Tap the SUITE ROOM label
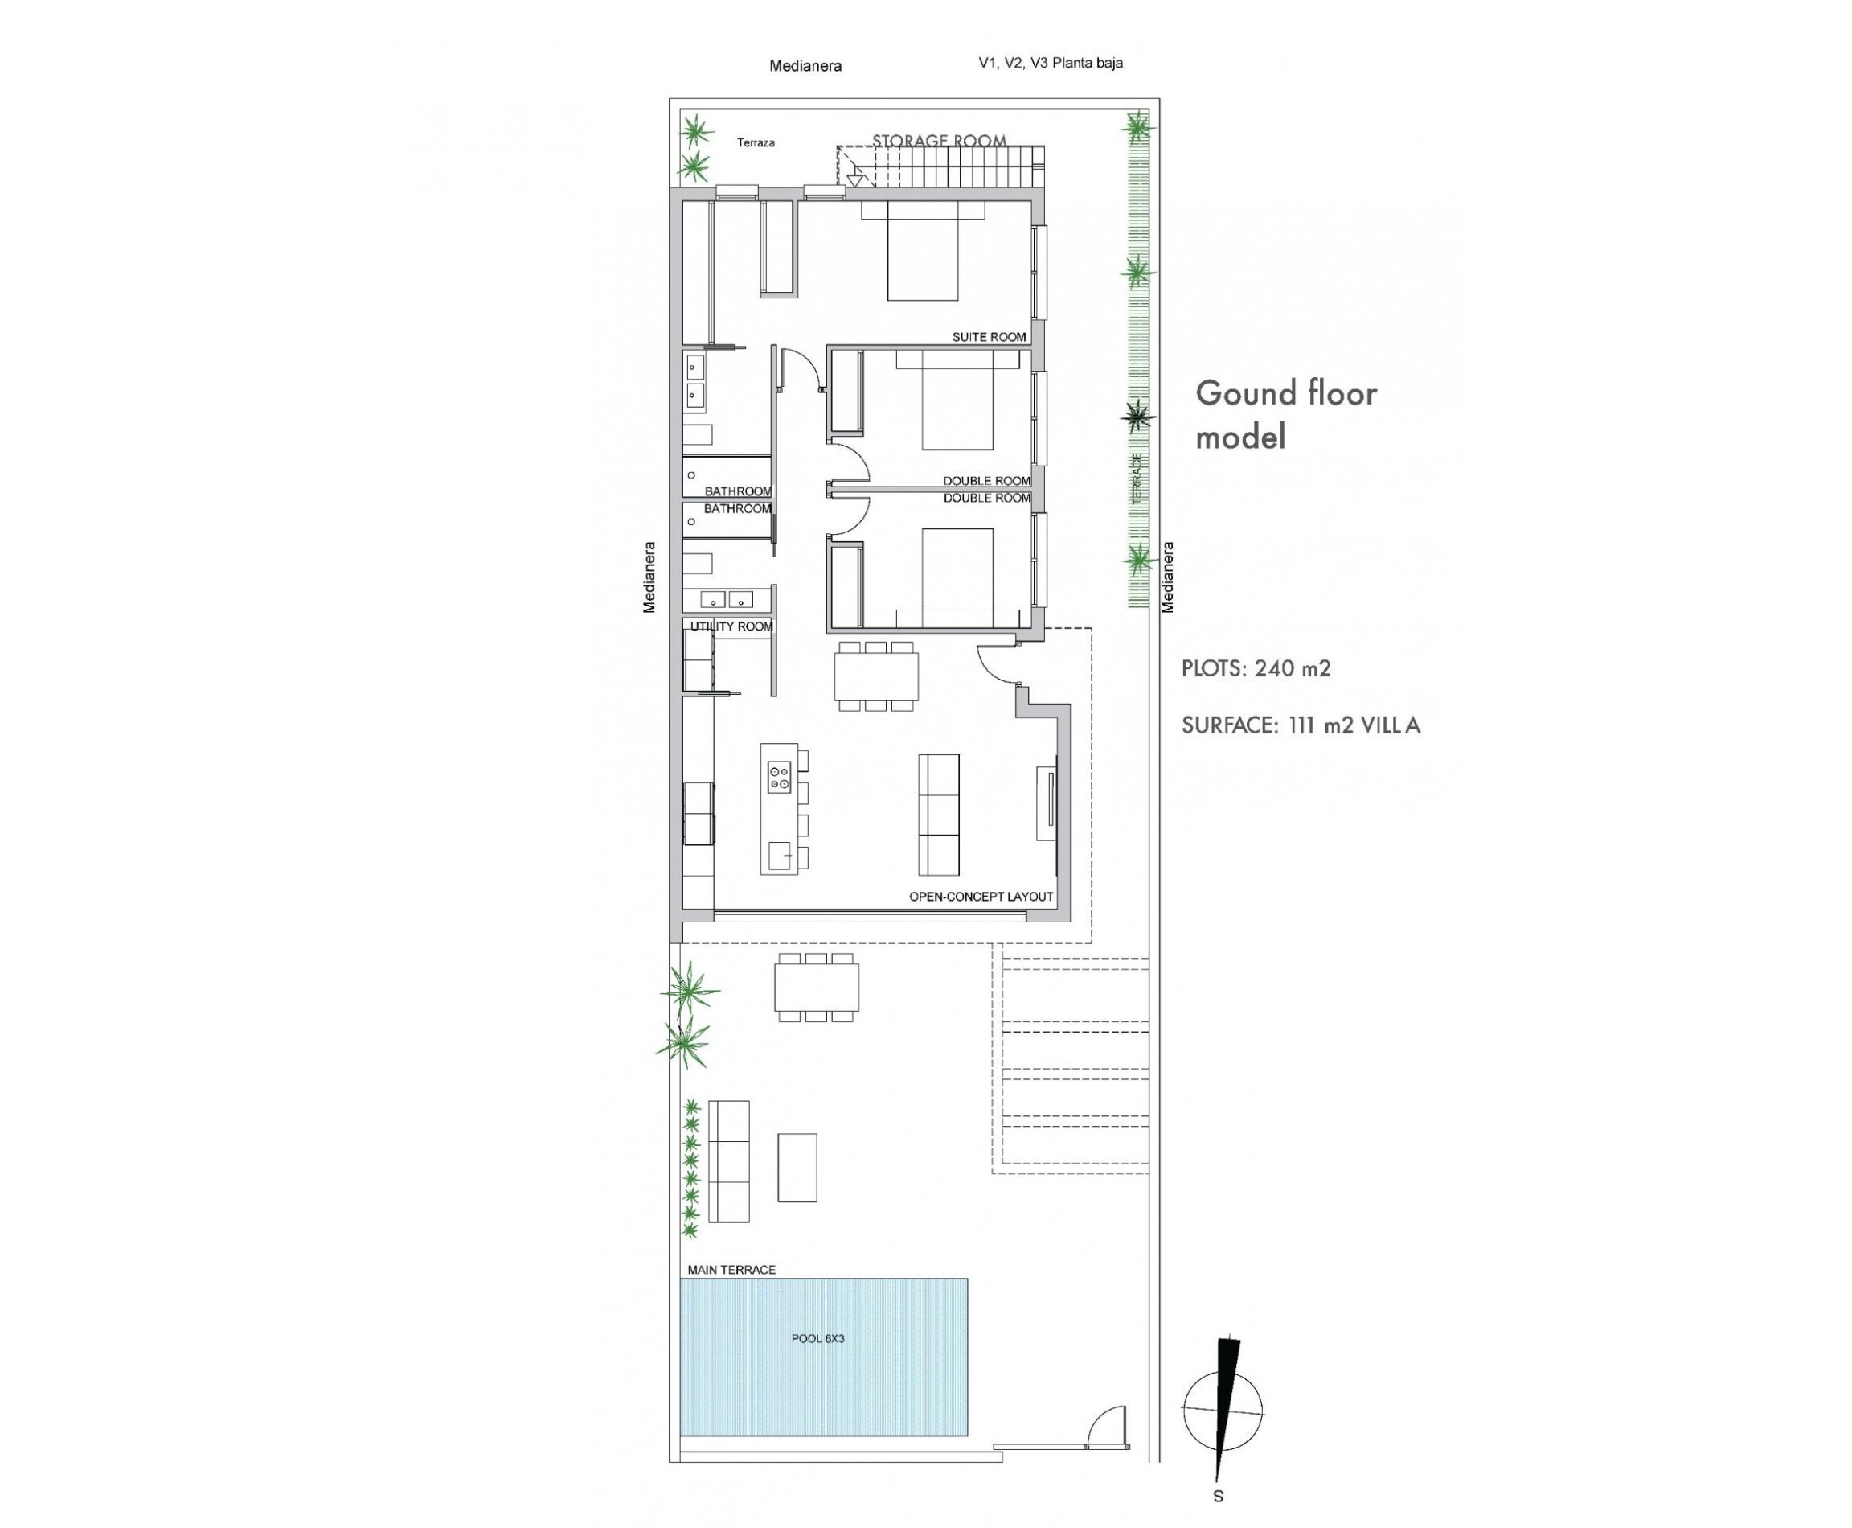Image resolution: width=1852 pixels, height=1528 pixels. (x=989, y=337)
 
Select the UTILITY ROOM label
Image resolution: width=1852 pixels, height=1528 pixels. (x=731, y=626)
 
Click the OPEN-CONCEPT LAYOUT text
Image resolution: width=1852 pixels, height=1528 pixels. (x=981, y=897)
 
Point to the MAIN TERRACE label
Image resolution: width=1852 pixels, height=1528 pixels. (x=732, y=1269)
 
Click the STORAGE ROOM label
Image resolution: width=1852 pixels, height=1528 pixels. (x=939, y=141)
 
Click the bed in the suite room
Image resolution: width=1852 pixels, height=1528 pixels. (x=922, y=251)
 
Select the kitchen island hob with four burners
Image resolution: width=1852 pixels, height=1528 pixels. (x=780, y=777)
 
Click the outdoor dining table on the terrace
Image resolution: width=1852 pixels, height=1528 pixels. (x=817, y=987)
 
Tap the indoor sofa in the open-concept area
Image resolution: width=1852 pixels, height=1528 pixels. (x=939, y=814)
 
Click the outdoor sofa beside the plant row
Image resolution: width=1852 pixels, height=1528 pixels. (x=729, y=1161)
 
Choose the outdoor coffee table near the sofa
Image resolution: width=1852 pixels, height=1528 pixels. (x=797, y=1167)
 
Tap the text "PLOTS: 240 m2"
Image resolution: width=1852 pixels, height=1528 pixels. (x=1256, y=669)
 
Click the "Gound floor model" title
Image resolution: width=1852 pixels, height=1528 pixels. (x=1285, y=414)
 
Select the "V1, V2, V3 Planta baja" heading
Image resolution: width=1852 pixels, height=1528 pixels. (x=1051, y=64)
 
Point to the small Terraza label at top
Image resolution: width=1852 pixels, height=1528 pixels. (x=756, y=142)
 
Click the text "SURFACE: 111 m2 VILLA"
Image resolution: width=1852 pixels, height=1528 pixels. (x=1301, y=725)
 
